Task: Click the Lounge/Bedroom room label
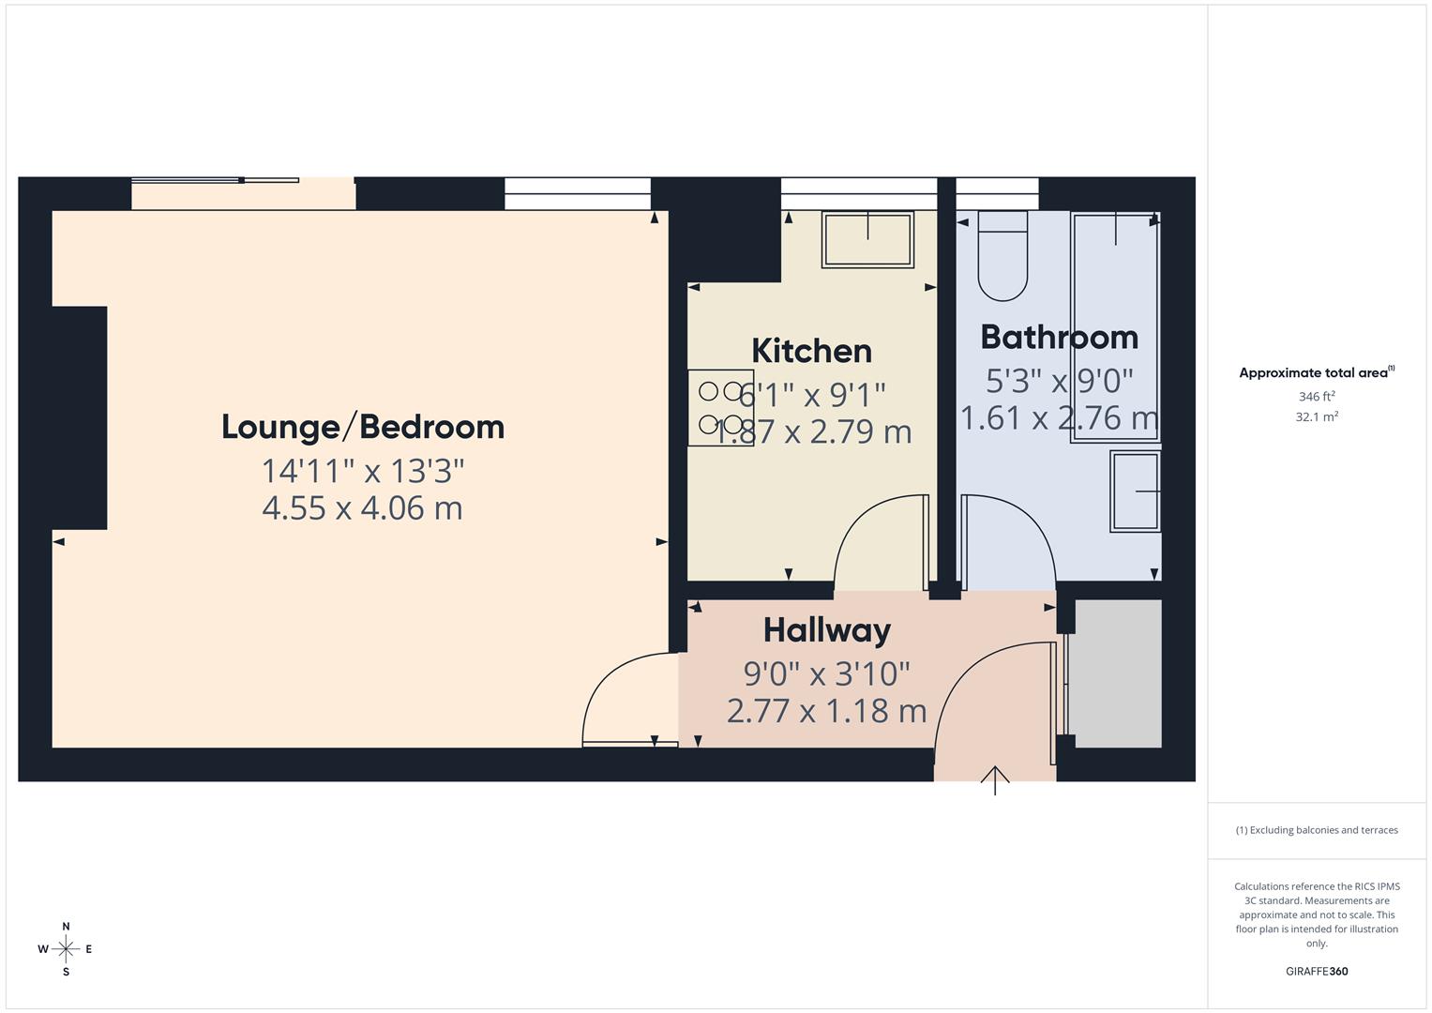(x=363, y=427)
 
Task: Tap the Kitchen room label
(x=811, y=351)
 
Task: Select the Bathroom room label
(x=1059, y=337)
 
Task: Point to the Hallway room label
(x=826, y=630)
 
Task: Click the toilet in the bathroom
(x=1002, y=255)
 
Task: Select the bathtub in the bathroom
(x=1115, y=326)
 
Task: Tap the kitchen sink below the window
(x=867, y=239)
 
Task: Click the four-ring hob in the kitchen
(x=720, y=407)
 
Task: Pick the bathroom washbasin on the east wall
(x=1136, y=491)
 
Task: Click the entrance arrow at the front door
(x=995, y=779)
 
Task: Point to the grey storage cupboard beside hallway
(x=1118, y=673)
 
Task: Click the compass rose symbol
(x=66, y=949)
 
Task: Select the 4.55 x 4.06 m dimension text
(x=363, y=508)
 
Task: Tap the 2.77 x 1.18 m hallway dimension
(x=826, y=711)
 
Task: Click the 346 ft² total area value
(x=1317, y=397)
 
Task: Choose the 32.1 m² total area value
(x=1317, y=416)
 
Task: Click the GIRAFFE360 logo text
(x=1317, y=971)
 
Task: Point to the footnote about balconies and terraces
(x=1317, y=830)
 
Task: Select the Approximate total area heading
(x=1315, y=372)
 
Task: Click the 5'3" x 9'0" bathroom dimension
(x=1059, y=381)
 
